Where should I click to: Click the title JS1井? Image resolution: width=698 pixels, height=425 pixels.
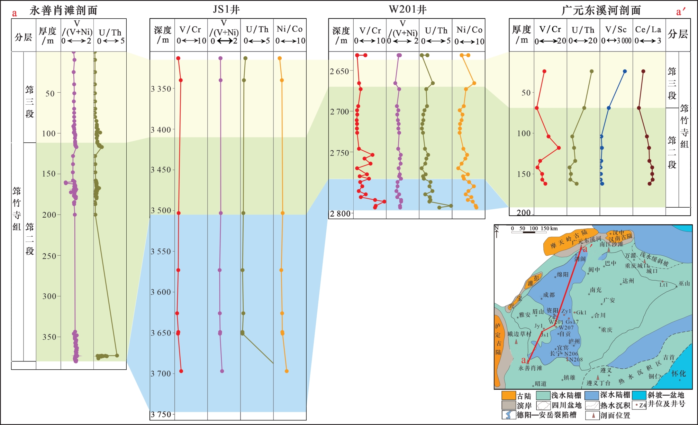[227, 9]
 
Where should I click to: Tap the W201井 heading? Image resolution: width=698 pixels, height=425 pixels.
[407, 9]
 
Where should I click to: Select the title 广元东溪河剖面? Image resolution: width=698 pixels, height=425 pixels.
[601, 10]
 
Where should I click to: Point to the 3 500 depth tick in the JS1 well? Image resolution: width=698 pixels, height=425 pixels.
[161, 210]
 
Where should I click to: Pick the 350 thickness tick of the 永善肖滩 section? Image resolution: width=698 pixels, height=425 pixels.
[49, 337]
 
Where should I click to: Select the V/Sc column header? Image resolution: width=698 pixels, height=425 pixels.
[616, 30]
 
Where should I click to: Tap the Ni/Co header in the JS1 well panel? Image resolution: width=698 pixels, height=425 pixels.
[289, 29]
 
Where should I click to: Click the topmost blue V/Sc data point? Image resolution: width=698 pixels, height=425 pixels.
[625, 72]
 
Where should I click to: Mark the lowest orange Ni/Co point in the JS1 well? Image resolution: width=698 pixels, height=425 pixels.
[287, 371]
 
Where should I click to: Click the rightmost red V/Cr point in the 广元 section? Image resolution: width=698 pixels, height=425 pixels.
[559, 148]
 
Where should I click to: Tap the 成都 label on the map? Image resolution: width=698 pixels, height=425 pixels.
[549, 295]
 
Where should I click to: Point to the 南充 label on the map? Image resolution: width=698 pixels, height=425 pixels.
[596, 290]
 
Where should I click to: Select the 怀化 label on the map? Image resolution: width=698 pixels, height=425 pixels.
[678, 374]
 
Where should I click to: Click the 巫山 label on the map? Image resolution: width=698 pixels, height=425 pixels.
[684, 284]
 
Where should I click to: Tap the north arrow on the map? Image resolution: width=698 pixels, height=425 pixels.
[497, 232]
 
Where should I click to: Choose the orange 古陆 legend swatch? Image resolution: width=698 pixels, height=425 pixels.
[509, 395]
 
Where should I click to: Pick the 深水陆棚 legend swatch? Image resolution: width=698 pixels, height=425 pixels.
[592, 395]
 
